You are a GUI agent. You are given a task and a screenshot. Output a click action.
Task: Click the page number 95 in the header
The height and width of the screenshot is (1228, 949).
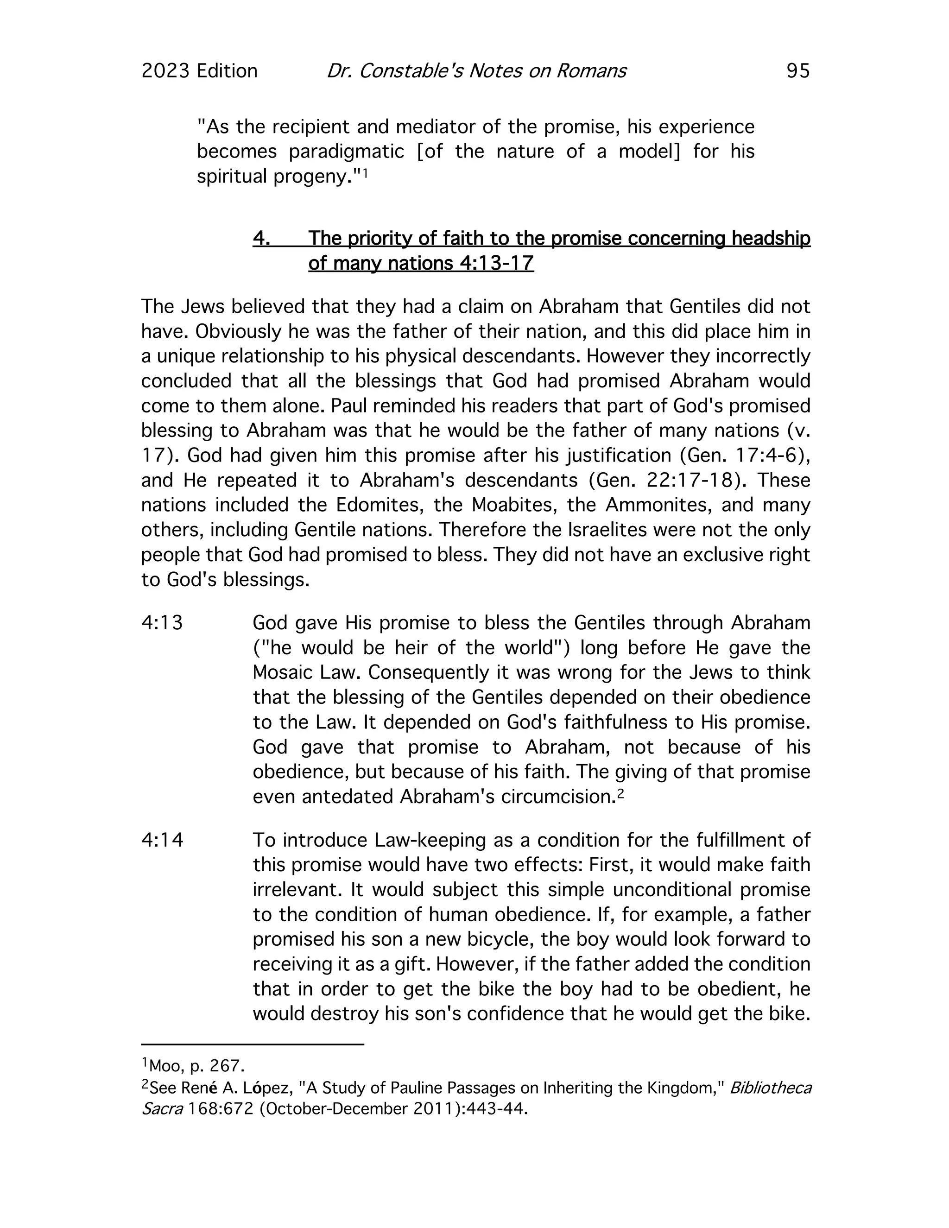click(798, 71)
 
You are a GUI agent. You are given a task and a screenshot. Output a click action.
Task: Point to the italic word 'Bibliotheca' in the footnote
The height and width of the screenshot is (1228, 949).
click(770, 1088)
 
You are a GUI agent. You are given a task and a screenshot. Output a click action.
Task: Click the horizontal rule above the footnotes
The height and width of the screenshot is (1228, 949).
click(253, 1044)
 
